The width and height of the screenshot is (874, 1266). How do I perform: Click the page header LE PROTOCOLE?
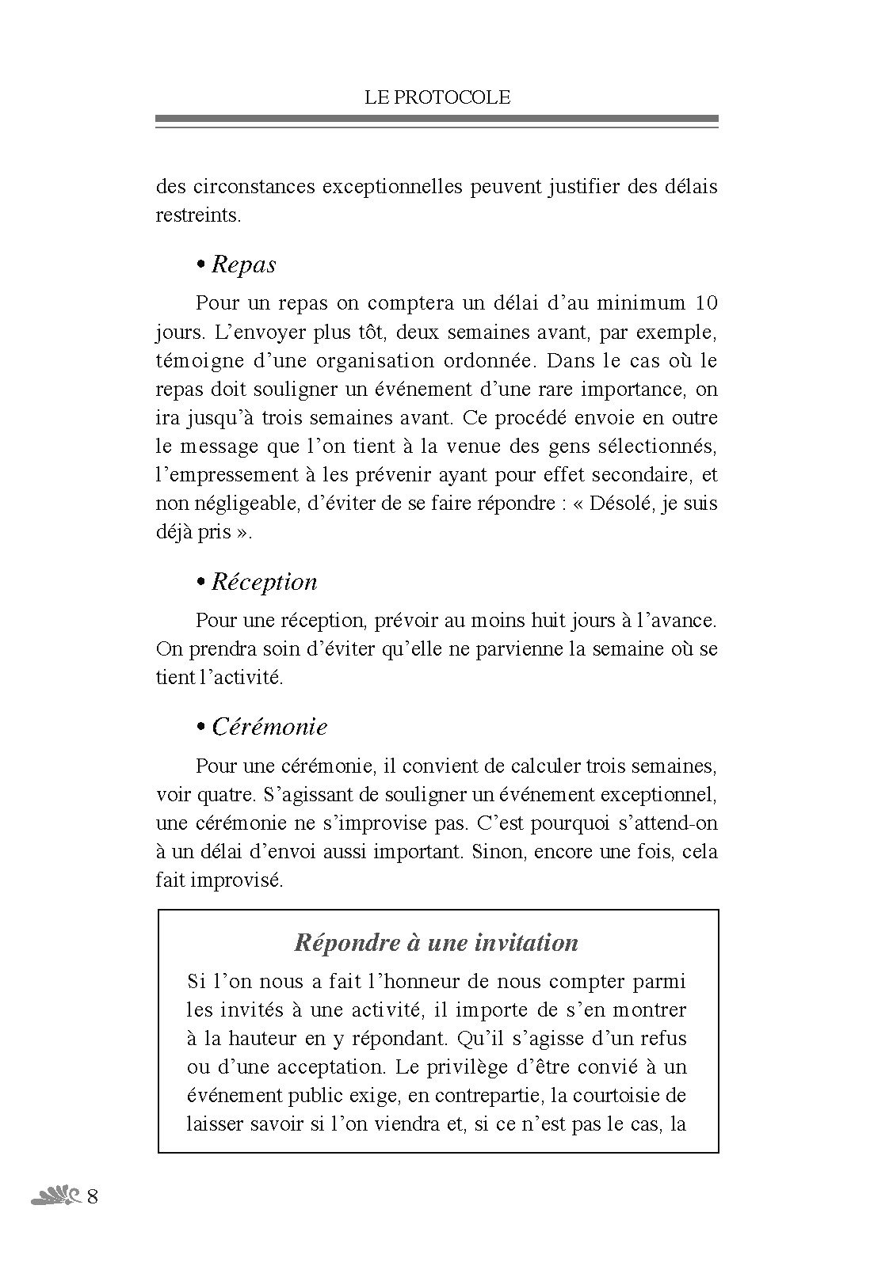point(437,97)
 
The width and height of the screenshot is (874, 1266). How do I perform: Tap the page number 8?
point(92,1196)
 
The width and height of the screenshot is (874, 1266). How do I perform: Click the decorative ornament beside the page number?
point(55,1196)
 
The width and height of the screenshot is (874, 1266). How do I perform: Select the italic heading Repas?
point(243,264)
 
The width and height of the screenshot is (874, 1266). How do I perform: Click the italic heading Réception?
point(264,582)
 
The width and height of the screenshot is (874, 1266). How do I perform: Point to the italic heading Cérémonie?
point(269,727)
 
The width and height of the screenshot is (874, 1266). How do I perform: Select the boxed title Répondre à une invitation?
point(436,943)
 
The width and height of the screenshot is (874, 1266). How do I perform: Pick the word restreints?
point(197,215)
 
